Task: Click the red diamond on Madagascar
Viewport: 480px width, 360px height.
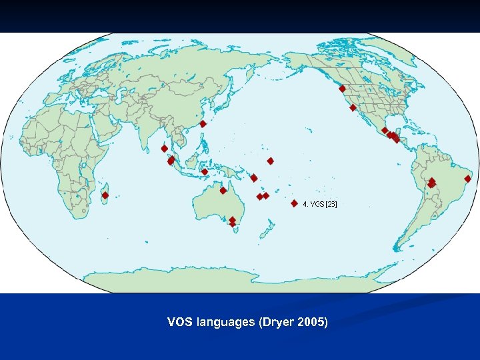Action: click(x=105, y=195)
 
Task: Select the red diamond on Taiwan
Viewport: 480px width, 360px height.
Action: click(x=203, y=124)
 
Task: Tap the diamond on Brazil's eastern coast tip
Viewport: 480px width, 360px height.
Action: click(x=468, y=179)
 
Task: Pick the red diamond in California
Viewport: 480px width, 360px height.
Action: click(x=353, y=108)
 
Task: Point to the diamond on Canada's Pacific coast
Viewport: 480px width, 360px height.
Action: click(x=342, y=88)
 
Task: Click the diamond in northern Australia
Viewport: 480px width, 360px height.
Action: click(x=223, y=191)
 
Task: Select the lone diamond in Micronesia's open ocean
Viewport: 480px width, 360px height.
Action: click(x=271, y=161)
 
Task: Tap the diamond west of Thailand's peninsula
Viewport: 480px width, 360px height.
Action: click(x=164, y=149)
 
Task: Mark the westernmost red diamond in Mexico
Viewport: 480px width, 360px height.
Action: click(x=385, y=131)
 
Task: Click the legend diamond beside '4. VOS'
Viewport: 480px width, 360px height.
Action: click(x=295, y=204)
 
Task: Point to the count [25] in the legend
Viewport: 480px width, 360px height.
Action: click(x=331, y=204)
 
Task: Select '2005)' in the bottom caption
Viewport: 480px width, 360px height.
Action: click(x=312, y=323)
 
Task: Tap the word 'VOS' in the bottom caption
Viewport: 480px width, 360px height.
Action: click(x=178, y=323)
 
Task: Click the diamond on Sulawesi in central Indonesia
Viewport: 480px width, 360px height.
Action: click(x=205, y=172)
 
